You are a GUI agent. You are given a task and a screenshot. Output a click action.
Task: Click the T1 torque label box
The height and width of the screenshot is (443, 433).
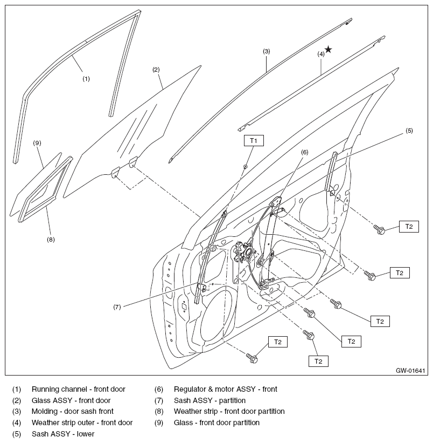(254, 140)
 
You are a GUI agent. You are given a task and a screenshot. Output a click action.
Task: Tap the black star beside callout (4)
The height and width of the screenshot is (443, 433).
(329, 50)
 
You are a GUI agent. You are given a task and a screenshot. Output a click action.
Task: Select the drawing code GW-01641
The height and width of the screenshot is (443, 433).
(410, 370)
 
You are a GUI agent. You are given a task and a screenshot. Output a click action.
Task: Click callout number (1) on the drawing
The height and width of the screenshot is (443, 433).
(86, 79)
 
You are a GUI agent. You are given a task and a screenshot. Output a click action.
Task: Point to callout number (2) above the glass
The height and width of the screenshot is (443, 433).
(156, 70)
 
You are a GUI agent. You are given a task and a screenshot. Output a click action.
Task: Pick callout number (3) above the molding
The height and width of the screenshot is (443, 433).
(267, 51)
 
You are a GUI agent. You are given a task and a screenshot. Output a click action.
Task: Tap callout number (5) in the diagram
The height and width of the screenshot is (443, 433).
(409, 131)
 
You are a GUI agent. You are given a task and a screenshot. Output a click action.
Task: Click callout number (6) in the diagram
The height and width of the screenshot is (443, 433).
(305, 152)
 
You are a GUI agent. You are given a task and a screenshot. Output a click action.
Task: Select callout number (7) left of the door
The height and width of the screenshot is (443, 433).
(117, 307)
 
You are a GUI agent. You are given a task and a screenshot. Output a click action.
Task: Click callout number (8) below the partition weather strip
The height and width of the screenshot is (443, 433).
(51, 240)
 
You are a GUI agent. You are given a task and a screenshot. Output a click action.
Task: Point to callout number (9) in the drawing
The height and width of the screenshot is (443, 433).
(37, 143)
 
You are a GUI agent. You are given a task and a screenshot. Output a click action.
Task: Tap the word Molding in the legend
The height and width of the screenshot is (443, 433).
(44, 411)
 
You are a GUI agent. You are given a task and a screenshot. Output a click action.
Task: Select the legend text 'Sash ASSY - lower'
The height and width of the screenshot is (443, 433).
(63, 434)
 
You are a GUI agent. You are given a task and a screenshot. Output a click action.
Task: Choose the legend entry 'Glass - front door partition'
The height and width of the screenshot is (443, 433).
(216, 422)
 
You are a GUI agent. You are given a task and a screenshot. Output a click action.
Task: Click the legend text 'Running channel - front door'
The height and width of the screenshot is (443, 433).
(79, 390)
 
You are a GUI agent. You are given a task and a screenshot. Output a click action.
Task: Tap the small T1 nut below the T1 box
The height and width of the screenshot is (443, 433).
(245, 167)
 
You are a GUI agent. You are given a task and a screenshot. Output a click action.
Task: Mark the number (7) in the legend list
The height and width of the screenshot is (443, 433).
(159, 400)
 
